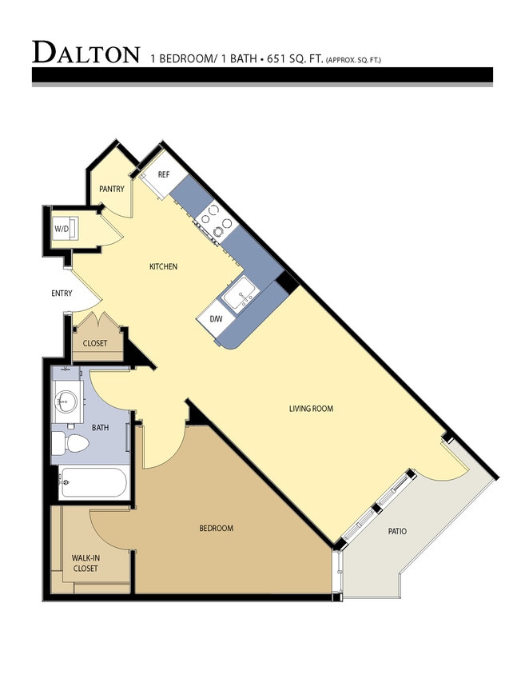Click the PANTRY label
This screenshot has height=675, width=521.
point(111,190)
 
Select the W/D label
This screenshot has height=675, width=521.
point(62,230)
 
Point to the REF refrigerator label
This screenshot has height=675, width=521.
point(163,174)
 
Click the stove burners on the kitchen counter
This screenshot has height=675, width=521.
point(216,218)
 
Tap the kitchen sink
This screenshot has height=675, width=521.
point(239,297)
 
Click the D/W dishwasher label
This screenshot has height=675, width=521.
point(216,319)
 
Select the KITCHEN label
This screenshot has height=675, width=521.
point(164,266)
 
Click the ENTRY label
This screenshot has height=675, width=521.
point(62,294)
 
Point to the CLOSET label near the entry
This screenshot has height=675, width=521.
point(95,344)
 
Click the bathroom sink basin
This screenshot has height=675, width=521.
point(66,401)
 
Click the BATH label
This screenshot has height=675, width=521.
point(100,428)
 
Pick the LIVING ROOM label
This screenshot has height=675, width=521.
point(311,409)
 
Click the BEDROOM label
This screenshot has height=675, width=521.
point(216,529)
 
